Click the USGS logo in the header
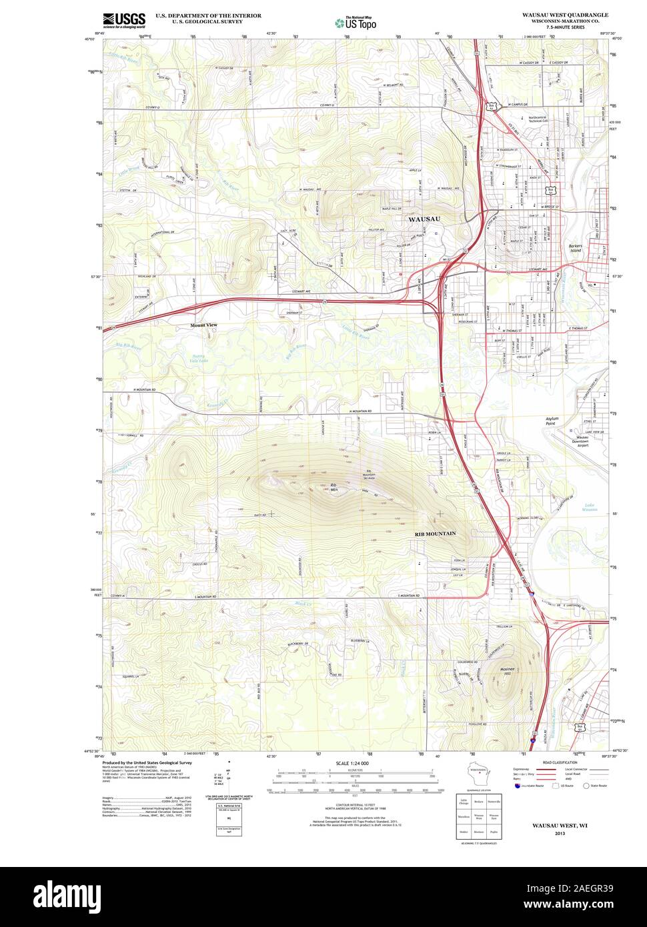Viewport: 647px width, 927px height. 124,20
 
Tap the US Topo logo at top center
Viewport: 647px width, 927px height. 356,23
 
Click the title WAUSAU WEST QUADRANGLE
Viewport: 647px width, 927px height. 565,14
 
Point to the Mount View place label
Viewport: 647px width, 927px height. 203,325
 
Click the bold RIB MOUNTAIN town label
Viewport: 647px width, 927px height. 435,534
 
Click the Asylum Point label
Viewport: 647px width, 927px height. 551,421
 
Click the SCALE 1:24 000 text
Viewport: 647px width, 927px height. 352,763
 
